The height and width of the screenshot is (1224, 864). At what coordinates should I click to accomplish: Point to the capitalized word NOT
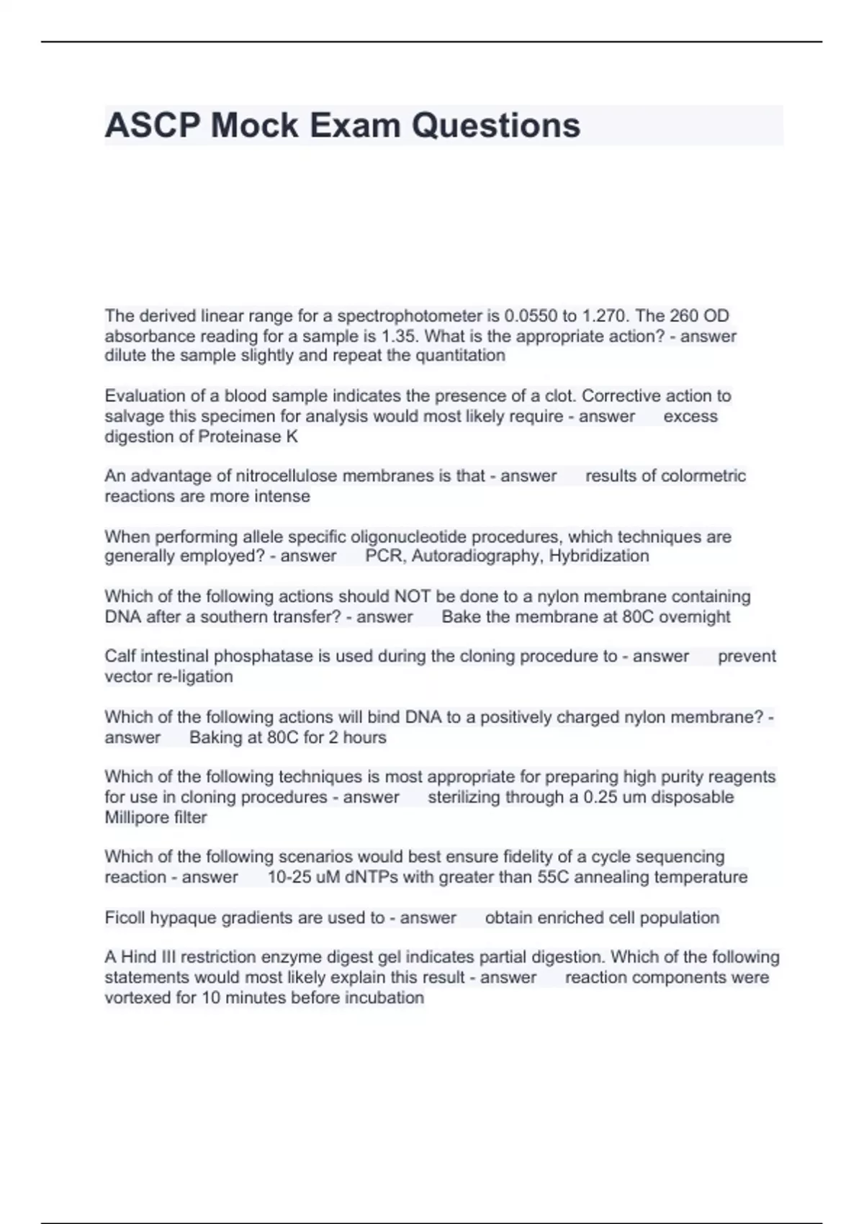(x=413, y=597)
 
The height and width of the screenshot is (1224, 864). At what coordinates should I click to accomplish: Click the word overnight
(x=694, y=617)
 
